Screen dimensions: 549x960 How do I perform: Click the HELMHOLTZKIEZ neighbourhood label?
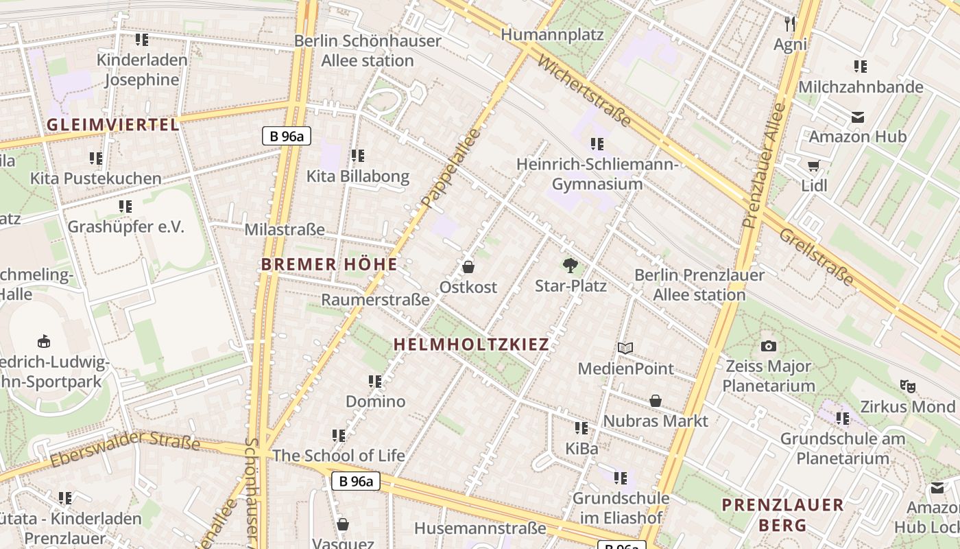[472, 344]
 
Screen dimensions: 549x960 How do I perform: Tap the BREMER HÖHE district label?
[329, 264]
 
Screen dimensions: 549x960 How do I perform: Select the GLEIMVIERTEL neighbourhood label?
[113, 125]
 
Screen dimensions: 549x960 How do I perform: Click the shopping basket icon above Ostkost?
[468, 267]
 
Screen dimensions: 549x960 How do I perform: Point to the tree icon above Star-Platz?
[570, 265]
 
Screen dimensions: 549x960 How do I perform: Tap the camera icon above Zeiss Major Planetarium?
[769, 346]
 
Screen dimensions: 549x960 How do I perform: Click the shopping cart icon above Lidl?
[814, 165]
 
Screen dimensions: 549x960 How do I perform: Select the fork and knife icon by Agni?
[790, 24]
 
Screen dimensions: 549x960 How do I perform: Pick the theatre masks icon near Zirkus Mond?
[909, 386]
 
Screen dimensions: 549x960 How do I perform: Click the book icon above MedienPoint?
[625, 348]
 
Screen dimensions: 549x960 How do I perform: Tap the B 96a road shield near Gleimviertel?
[287, 136]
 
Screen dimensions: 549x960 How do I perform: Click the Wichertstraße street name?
[584, 91]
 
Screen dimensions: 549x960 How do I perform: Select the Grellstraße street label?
[816, 257]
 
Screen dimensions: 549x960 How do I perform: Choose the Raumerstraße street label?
[375, 300]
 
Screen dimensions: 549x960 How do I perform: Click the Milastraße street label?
[285, 229]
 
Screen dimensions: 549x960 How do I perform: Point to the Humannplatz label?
[552, 34]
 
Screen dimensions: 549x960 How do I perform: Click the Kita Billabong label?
[357, 176]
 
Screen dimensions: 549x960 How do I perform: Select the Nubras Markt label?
[656, 421]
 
